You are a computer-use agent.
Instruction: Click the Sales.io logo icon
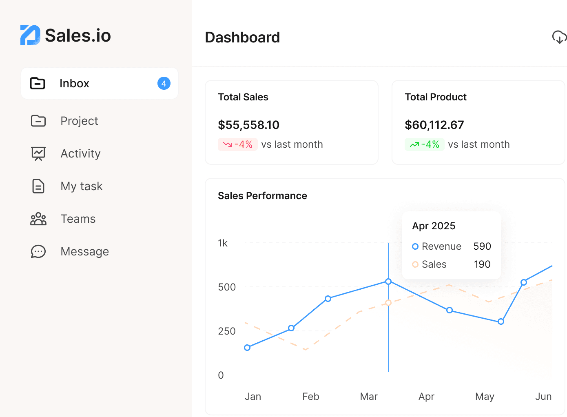pyautogui.click(x=30, y=35)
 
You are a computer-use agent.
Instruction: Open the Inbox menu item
pyautogui.click(x=74, y=83)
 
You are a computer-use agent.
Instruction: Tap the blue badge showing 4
pyautogui.click(x=164, y=83)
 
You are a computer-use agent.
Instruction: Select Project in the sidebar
pyautogui.click(x=79, y=121)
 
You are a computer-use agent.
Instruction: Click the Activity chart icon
pyautogui.click(x=38, y=153)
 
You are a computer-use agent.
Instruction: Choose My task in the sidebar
pyautogui.click(x=81, y=186)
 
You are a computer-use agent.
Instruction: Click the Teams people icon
pyautogui.click(x=38, y=219)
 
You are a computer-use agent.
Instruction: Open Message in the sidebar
pyautogui.click(x=84, y=251)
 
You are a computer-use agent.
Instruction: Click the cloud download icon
pyautogui.click(x=559, y=37)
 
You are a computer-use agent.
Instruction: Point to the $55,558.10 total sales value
pyautogui.click(x=248, y=125)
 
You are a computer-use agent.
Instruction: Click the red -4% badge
pyautogui.click(x=237, y=144)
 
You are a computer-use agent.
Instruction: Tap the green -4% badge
pyautogui.click(x=424, y=144)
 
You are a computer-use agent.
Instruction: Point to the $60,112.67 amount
pyautogui.click(x=434, y=125)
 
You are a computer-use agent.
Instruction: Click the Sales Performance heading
pyautogui.click(x=262, y=196)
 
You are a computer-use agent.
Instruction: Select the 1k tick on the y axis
pyautogui.click(x=223, y=243)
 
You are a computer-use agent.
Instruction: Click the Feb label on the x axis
pyautogui.click(x=310, y=397)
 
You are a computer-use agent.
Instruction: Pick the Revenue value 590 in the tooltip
pyautogui.click(x=482, y=246)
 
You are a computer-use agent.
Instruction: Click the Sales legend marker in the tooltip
pyautogui.click(x=415, y=264)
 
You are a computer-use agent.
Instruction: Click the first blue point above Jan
pyautogui.click(x=247, y=348)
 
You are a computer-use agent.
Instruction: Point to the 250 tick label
pyautogui.click(x=227, y=331)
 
